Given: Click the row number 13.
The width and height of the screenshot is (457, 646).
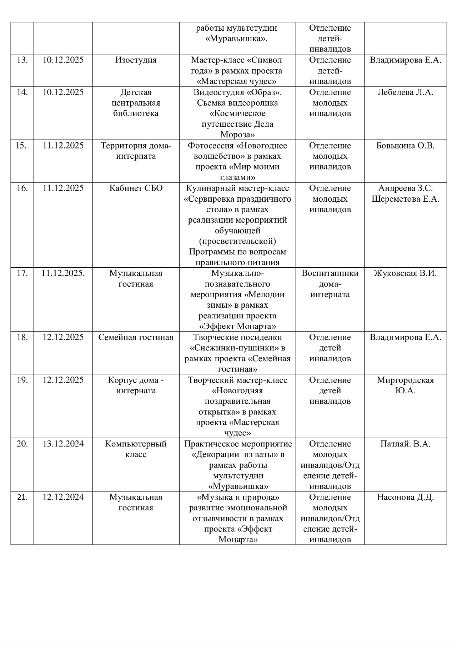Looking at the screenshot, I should pos(22,60).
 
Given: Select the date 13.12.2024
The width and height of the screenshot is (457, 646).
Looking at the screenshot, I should pos(63,444).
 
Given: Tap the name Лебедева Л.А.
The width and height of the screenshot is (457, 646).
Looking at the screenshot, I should pos(405,92).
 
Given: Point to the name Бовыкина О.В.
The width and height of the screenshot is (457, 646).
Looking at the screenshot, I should pos(405,146).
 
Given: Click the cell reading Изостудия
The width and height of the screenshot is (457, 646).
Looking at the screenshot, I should pos(136,60).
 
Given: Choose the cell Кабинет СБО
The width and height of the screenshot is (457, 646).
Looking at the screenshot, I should pos(136,188).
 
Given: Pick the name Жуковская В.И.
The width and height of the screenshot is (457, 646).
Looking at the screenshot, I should pos(405,273).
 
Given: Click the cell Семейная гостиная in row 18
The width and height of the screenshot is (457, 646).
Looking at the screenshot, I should pos(136,337).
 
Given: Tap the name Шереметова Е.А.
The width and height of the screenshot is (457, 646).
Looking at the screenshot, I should pos(405,199).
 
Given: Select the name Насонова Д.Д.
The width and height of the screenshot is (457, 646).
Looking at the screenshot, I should pos(405,498).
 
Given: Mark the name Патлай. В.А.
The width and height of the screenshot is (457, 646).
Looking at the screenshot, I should pos(405,444).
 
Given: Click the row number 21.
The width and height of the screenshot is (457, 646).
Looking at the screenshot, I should pos(22,498).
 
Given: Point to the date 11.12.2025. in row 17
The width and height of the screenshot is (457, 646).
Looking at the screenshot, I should pos(63,273).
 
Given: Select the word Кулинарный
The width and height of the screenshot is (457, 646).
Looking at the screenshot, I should pos(210,188).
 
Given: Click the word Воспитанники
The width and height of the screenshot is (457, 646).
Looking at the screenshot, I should pos(330,273).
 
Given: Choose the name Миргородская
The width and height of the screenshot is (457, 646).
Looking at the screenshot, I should pos(405,380).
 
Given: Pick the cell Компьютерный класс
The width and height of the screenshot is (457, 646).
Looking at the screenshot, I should pos(136,449).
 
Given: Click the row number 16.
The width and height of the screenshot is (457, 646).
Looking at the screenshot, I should pos(22,188).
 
